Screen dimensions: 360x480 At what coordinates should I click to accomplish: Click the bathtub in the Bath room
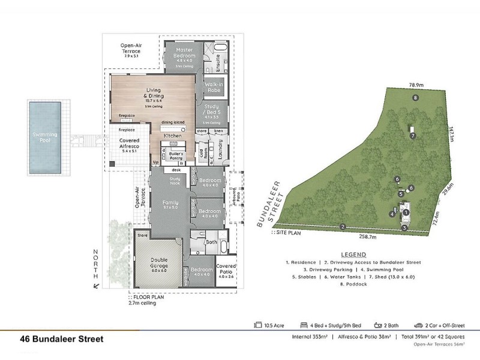tap(224, 247)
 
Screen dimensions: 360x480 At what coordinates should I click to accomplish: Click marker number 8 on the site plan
tap(415, 97)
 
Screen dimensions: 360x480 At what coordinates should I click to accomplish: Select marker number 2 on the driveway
tap(342, 226)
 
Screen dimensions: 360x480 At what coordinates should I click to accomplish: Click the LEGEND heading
tap(353, 254)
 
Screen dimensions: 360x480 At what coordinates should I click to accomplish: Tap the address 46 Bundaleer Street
tap(62, 339)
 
